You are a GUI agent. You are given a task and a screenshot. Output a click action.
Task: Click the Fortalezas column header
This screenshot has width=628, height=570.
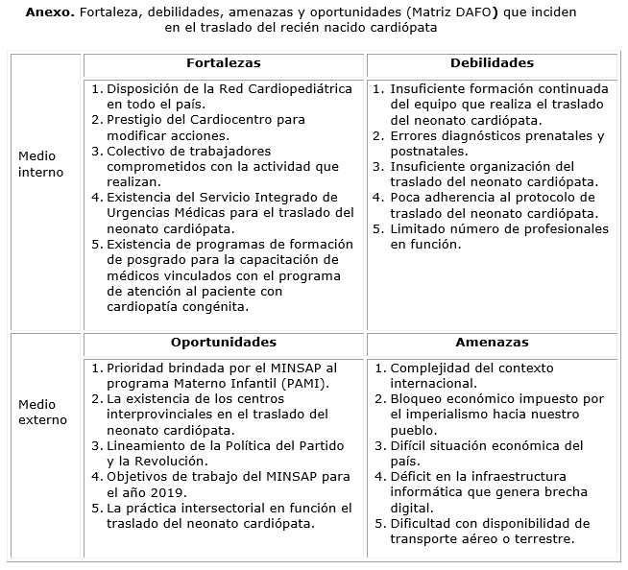pos(224,63)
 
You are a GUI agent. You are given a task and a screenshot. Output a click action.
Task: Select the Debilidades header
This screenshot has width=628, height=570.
pos(492,63)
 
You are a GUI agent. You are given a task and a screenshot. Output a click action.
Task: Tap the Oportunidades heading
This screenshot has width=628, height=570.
pos(224,343)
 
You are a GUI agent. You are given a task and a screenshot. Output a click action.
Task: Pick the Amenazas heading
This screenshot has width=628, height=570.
pos(492,343)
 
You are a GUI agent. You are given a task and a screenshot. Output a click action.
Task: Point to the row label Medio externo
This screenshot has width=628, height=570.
pos(43,411)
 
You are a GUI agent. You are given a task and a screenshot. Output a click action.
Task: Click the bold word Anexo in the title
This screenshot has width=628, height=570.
pos(48,12)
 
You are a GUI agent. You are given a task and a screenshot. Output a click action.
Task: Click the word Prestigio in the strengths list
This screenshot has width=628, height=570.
pos(137,120)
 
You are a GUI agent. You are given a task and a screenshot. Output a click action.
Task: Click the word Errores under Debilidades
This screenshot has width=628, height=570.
pos(416,135)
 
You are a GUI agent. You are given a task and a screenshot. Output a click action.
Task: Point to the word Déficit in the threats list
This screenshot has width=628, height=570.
pos(415,477)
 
